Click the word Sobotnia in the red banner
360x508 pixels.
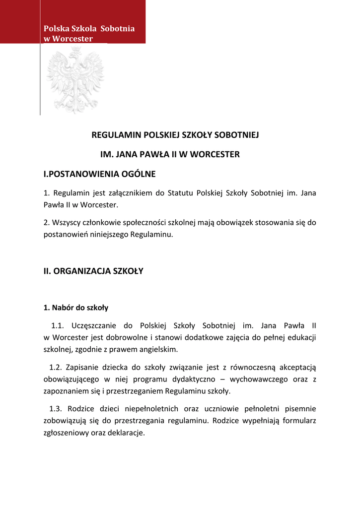(117, 28)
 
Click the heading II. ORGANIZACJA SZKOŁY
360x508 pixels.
(93, 271)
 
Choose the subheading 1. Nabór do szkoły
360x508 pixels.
(76, 308)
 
